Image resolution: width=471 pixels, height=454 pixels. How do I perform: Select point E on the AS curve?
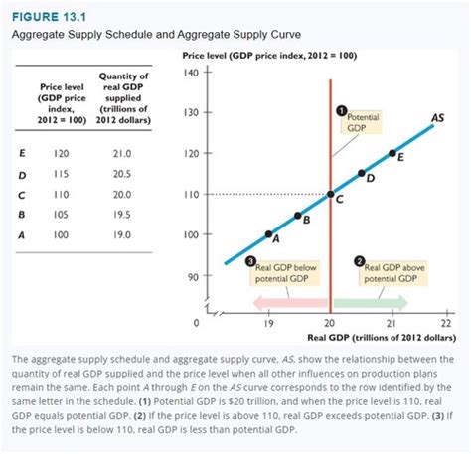(x=392, y=154)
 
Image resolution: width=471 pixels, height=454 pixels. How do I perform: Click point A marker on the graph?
(x=268, y=234)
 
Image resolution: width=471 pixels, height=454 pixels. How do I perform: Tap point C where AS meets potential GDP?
(x=330, y=194)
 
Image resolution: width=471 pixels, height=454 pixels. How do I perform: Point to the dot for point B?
(x=298, y=215)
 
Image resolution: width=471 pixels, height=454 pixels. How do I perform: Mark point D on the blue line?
(x=362, y=174)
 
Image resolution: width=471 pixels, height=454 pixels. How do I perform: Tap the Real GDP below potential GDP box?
(x=285, y=271)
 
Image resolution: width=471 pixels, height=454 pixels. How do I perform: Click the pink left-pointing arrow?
(x=293, y=300)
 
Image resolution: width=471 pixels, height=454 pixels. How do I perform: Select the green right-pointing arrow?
(x=369, y=300)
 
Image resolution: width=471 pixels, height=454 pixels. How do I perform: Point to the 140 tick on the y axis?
(x=195, y=74)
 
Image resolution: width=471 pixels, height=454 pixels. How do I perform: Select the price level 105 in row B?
(x=62, y=213)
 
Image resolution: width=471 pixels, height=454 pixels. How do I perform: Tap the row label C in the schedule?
(x=22, y=193)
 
